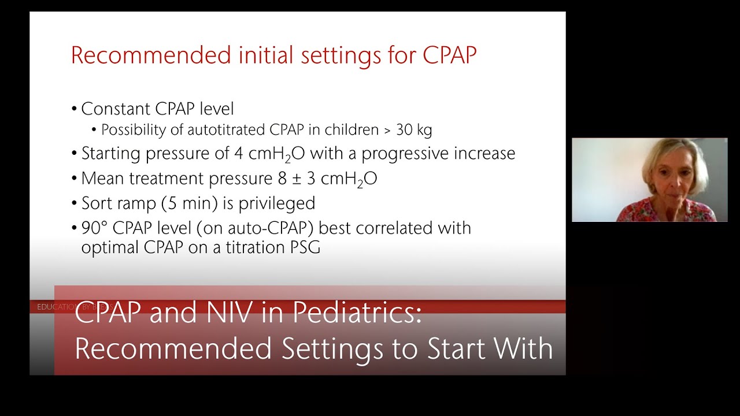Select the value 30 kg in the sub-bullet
point(413,130)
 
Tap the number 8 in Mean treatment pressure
point(282,179)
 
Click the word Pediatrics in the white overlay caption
point(357,314)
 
